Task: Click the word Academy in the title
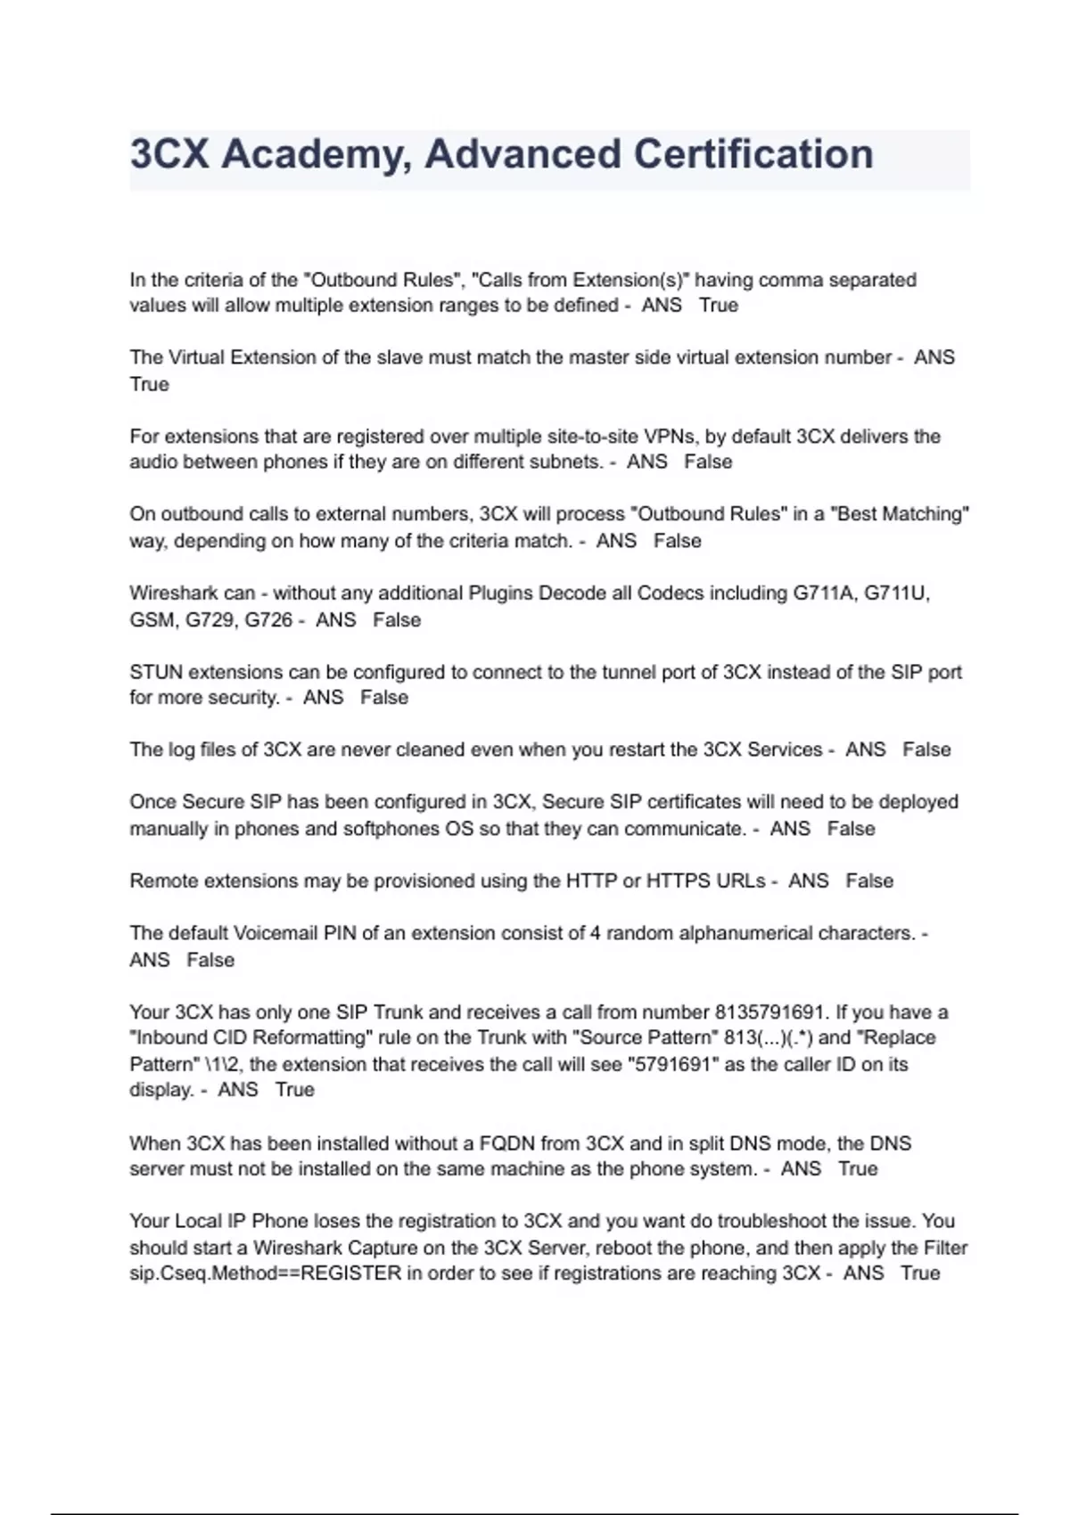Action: click(316, 154)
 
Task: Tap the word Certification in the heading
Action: click(753, 154)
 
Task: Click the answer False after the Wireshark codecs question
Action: click(397, 620)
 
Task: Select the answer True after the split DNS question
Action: click(858, 1169)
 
